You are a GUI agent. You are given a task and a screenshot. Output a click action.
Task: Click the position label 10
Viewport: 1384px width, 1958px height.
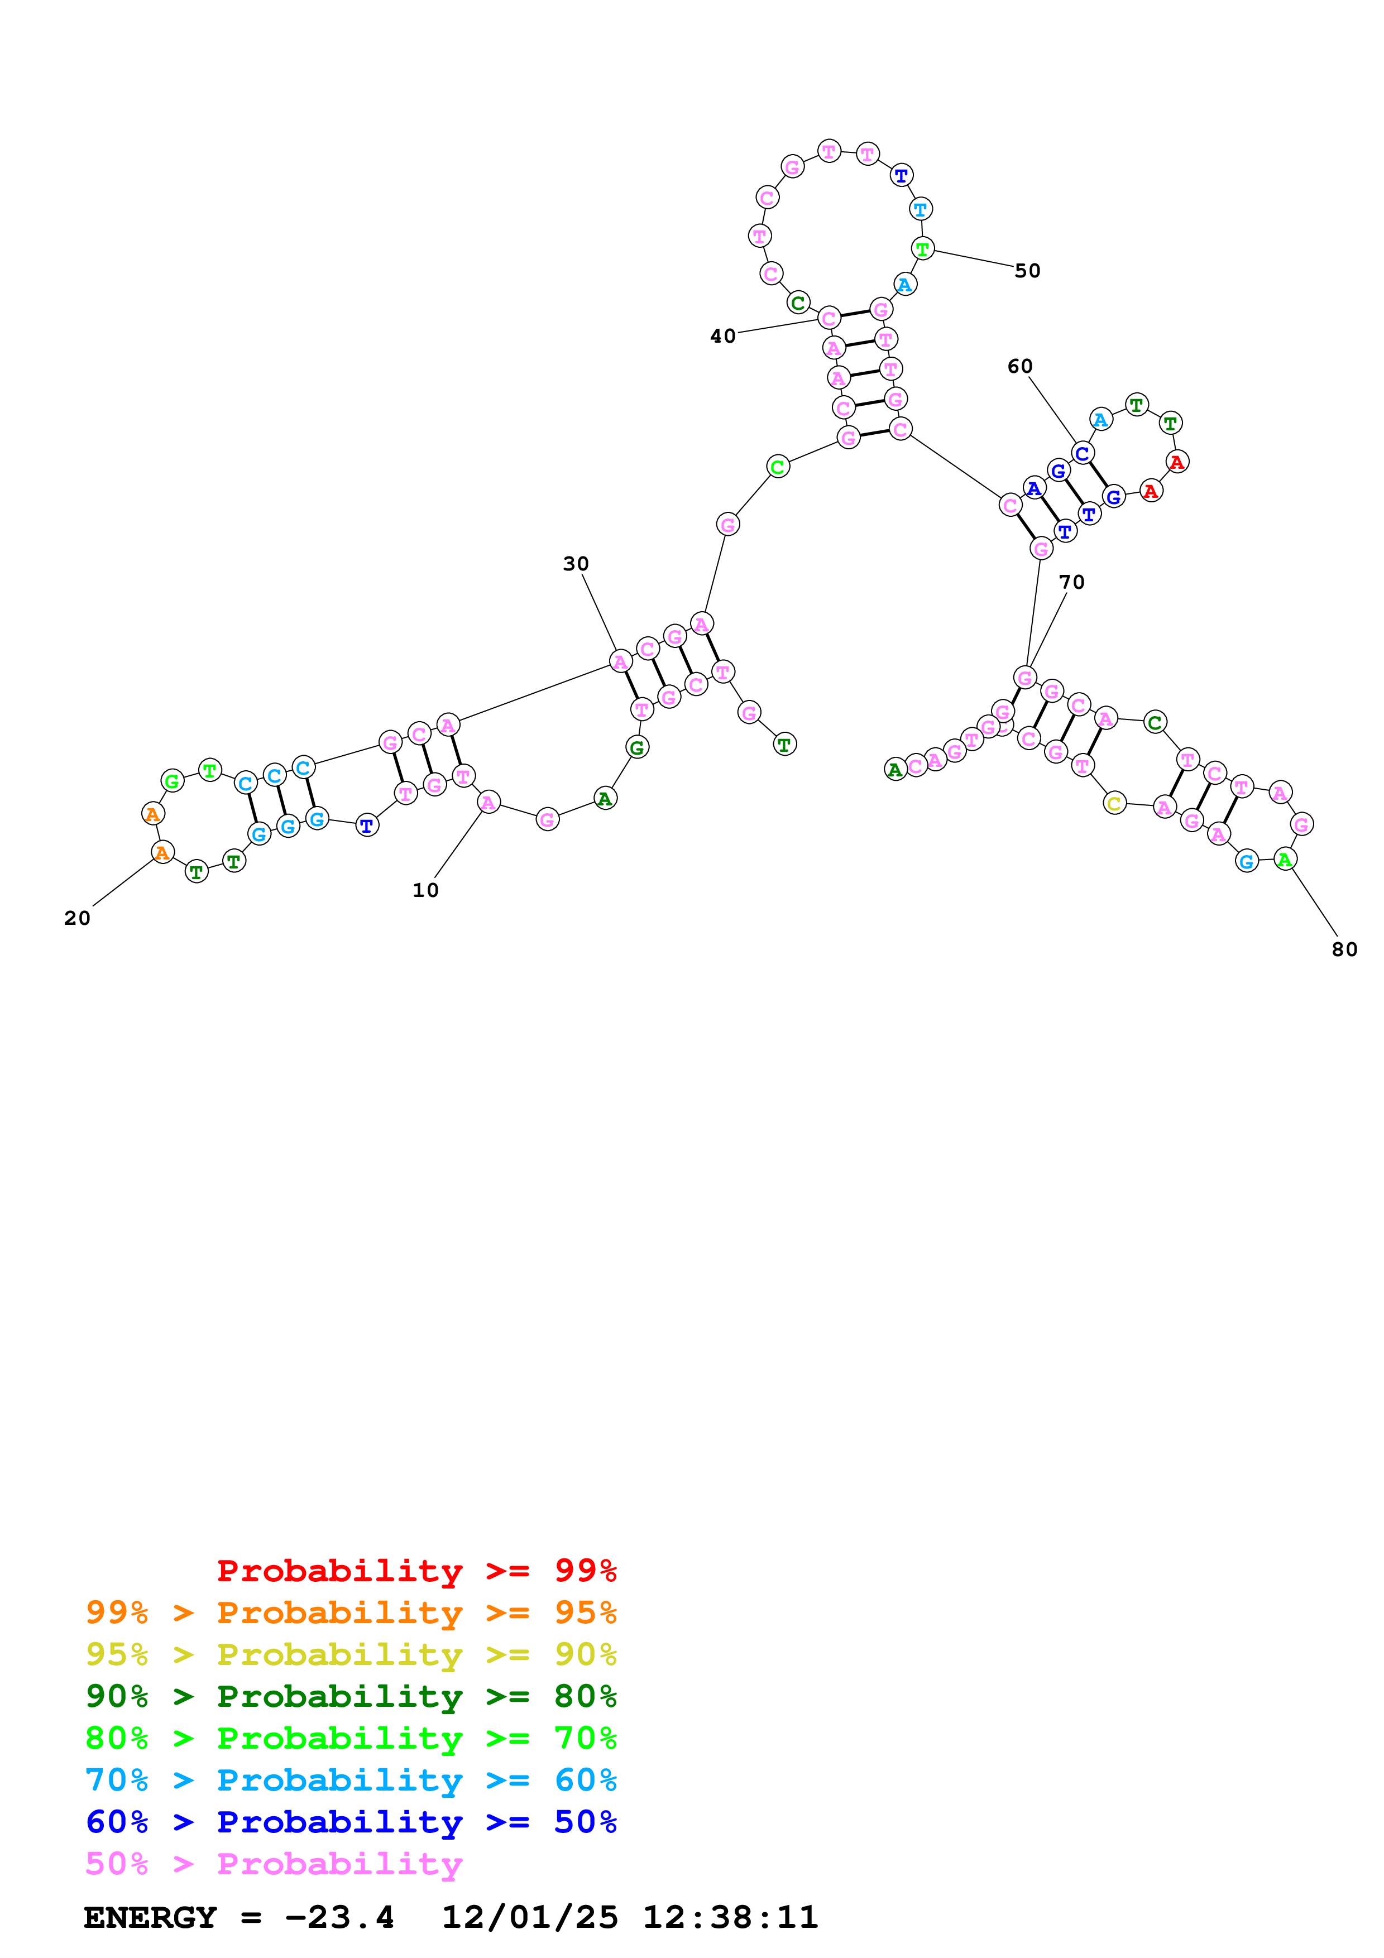coord(425,890)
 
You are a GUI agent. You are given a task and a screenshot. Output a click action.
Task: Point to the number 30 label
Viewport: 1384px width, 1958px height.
coord(576,564)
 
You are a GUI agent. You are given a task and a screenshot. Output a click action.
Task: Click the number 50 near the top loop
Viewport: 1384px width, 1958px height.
coord(1028,271)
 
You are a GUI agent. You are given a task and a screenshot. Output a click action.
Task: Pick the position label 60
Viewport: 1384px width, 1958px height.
coord(1020,367)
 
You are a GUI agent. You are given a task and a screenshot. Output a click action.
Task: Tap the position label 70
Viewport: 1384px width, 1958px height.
coord(1072,583)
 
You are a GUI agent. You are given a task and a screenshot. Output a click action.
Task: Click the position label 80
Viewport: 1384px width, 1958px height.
coord(1345,950)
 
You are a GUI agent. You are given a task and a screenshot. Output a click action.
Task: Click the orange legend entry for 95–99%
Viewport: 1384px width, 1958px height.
coord(351,1613)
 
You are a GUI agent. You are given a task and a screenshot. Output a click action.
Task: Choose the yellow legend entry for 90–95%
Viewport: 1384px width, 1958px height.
coord(351,1654)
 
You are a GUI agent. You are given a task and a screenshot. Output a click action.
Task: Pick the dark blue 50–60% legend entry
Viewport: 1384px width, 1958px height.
coord(351,1822)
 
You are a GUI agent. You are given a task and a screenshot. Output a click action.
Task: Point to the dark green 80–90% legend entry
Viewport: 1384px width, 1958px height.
coord(351,1696)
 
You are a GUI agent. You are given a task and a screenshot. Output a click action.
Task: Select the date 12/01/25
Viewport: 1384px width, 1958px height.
coord(530,1918)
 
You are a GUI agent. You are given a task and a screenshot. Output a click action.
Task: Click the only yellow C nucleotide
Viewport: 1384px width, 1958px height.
coord(1114,803)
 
